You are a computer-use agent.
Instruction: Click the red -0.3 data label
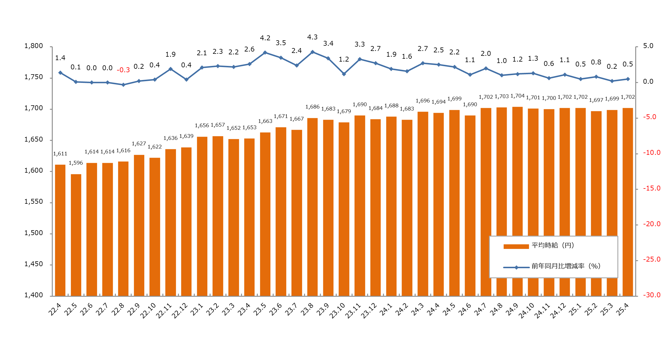(x=123, y=70)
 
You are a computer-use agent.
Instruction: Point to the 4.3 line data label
(x=312, y=37)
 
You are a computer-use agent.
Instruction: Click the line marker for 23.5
(x=265, y=53)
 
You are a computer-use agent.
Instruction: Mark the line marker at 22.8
(x=123, y=85)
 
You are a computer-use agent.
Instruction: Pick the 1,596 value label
(x=76, y=163)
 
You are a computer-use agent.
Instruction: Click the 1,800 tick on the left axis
(x=33, y=46)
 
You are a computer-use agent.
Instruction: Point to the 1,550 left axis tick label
(x=33, y=202)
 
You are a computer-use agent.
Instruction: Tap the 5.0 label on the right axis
(x=648, y=46)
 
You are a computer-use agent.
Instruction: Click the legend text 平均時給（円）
(x=553, y=245)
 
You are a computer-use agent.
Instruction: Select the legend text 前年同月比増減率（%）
(x=566, y=266)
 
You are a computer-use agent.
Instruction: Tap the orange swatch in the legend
(x=516, y=246)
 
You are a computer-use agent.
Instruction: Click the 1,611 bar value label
(x=60, y=154)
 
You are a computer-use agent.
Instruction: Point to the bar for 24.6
(x=470, y=205)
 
